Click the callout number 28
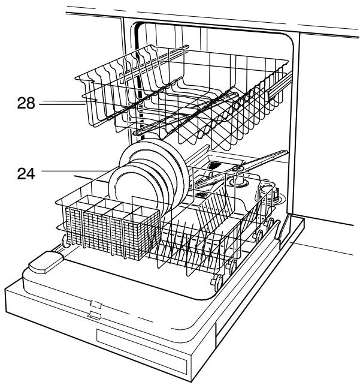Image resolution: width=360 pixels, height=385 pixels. coord(26,103)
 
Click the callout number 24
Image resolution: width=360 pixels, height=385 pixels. coord(26,174)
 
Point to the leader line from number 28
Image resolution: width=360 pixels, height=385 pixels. coord(62,104)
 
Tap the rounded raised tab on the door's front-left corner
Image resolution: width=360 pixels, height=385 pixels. coord(46,262)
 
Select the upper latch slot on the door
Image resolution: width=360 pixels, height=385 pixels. coord(96,304)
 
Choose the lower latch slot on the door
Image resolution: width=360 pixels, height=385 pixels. coord(95,315)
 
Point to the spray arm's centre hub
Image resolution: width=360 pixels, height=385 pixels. coord(237,169)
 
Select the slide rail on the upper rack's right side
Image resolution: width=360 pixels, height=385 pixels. coord(280,85)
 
